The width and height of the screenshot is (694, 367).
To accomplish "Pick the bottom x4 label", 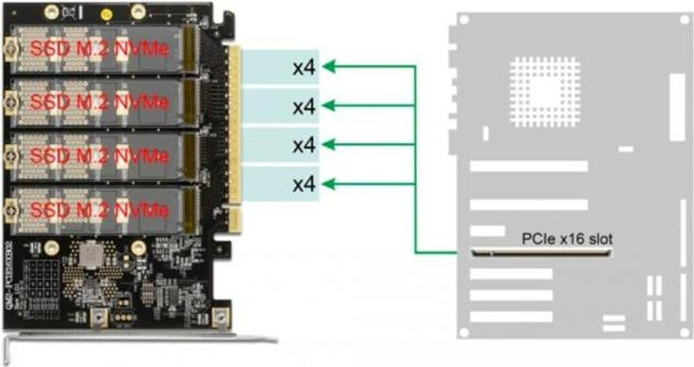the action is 305,184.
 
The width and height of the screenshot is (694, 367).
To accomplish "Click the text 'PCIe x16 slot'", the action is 567,239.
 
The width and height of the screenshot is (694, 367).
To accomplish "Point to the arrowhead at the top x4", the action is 328,66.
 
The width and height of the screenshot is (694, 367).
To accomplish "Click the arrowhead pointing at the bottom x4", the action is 328,183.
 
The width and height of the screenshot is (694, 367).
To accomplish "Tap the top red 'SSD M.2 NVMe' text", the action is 99,49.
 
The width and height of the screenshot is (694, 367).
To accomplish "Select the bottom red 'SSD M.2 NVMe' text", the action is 99,210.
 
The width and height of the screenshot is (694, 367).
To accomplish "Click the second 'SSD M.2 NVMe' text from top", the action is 99,102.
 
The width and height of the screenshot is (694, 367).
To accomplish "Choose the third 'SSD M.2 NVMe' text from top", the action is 99,156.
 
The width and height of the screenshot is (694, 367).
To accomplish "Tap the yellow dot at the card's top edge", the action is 106,14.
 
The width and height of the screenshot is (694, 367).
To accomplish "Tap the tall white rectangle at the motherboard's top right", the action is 677,107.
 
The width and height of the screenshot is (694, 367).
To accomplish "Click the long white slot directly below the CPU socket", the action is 529,166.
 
